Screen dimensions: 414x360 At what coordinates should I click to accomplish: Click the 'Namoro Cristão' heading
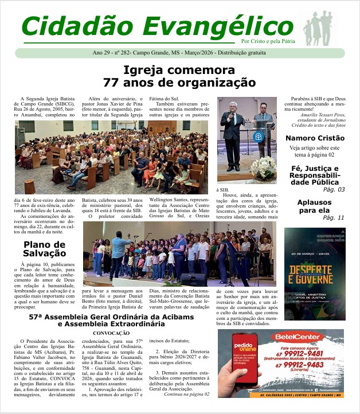(315, 138)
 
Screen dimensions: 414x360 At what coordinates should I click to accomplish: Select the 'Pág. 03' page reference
(334, 189)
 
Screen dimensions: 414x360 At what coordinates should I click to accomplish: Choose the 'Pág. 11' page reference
(334, 217)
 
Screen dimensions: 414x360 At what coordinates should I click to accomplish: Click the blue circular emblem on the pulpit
(259, 137)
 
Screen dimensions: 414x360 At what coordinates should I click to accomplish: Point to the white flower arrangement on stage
(263, 167)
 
